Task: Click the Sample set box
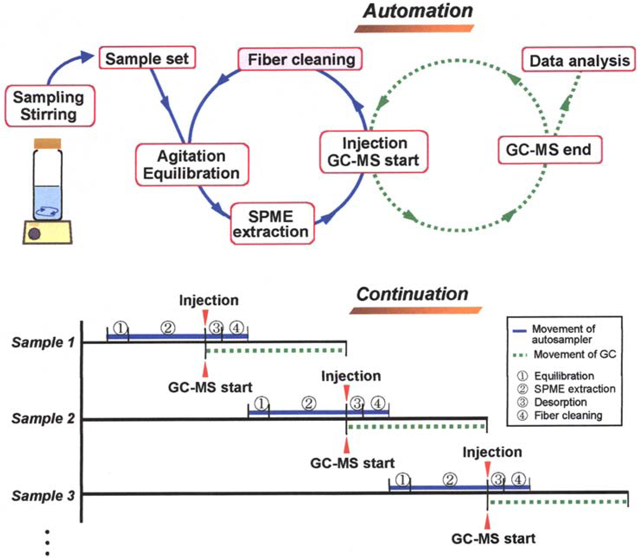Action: [x=147, y=58]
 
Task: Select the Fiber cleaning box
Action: [x=301, y=59]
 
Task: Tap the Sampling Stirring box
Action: [x=49, y=106]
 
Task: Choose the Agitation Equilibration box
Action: [x=192, y=165]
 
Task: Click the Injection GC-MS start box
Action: [x=373, y=152]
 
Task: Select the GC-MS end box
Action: [x=549, y=150]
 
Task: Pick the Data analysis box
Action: [x=579, y=60]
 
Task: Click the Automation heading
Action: [x=418, y=11]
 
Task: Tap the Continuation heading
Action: [x=412, y=294]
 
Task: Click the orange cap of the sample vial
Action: [x=48, y=144]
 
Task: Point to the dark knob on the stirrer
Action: [x=34, y=234]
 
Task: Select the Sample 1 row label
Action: [x=43, y=343]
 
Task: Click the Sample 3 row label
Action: [x=43, y=496]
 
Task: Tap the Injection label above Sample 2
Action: [x=351, y=376]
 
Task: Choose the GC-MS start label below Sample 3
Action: [x=494, y=539]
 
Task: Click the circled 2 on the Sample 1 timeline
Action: [x=168, y=328]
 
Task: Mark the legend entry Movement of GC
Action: [x=574, y=355]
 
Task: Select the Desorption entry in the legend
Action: [x=560, y=402]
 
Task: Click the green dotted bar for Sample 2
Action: [x=417, y=427]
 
